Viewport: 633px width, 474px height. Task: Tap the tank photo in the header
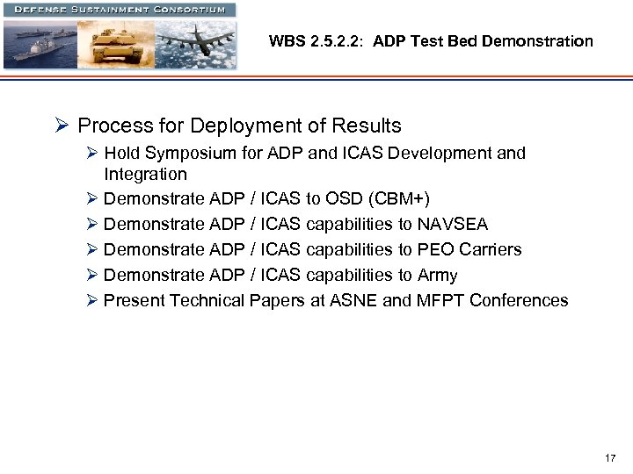pyautogui.click(x=118, y=44)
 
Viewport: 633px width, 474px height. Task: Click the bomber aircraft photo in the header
pyautogui.click(x=198, y=44)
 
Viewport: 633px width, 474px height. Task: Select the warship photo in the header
pyautogui.click(x=40, y=44)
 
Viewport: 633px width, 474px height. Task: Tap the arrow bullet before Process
pyautogui.click(x=62, y=126)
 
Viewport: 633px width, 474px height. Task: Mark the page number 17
pyautogui.click(x=610, y=458)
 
